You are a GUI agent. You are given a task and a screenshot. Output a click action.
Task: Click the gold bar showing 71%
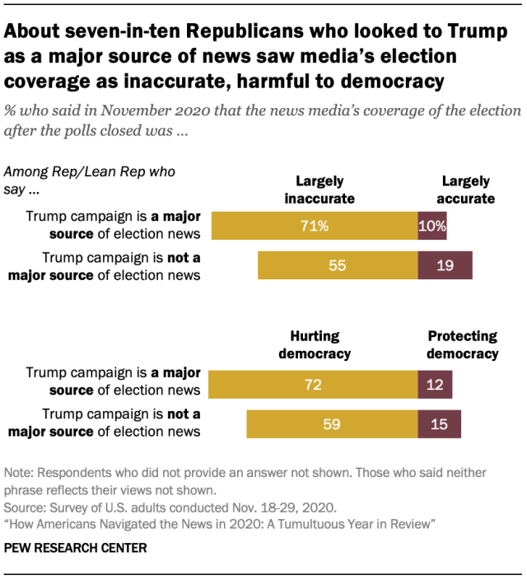pos(315,225)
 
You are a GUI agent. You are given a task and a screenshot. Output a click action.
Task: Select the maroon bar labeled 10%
pos(432,225)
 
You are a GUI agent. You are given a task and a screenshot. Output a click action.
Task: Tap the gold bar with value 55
pos(338,265)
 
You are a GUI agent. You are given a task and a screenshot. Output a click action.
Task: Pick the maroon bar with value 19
pos(445,265)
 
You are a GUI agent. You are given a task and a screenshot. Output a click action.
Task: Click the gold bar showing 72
pos(313,385)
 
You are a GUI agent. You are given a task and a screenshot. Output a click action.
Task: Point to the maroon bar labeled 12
pos(435,385)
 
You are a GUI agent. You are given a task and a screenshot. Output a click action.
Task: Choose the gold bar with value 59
pos(332,424)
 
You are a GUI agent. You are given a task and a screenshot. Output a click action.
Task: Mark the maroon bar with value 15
pos(440,424)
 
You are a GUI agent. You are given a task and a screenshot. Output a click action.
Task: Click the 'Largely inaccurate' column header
pos(319,189)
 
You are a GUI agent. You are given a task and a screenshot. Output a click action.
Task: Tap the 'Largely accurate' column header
pos(466,189)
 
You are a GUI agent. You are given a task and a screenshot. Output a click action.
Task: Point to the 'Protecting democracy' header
pos(462,344)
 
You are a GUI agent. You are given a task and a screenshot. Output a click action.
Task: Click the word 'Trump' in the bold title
pos(474,33)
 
